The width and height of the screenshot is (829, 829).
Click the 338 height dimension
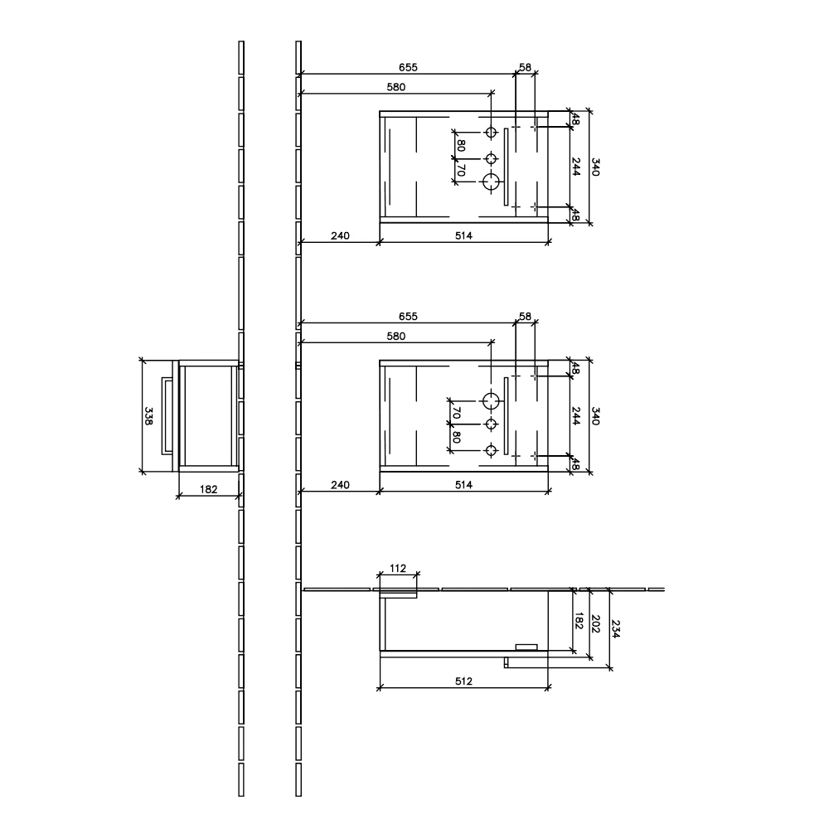[148, 416]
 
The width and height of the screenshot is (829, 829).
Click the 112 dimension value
[397, 568]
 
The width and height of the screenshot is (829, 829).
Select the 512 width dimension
[463, 681]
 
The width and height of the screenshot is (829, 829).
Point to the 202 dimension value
[595, 624]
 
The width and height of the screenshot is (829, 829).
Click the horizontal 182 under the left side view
[209, 490]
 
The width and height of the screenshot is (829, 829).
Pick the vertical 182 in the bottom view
[579, 620]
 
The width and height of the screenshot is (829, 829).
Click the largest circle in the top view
[492, 182]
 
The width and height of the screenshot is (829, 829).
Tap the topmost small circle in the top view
[492, 133]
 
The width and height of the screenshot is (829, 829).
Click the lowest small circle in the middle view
[492, 450]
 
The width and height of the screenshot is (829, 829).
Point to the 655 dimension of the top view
[407, 67]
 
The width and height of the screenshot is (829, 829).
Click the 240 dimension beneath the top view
[340, 235]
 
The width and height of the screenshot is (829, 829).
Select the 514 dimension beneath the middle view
[463, 485]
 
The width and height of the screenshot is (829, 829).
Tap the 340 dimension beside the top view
[594, 167]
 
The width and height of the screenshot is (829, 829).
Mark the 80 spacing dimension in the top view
[461, 147]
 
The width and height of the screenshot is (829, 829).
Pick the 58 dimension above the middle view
[525, 316]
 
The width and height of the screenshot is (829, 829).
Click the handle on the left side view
[167, 416]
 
